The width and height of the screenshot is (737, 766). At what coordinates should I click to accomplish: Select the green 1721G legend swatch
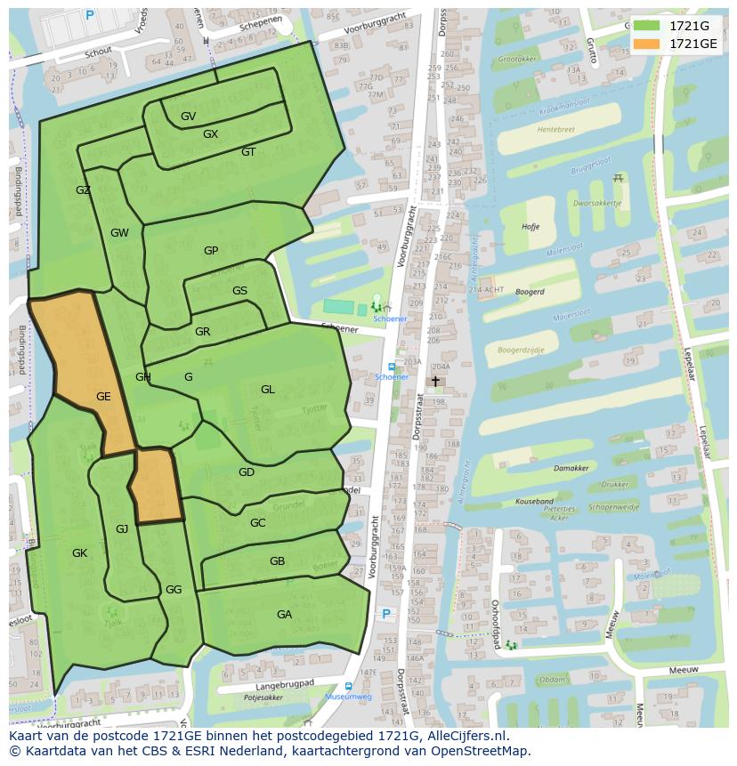pos(646,26)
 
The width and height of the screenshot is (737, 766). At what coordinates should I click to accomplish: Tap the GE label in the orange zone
pos(103,397)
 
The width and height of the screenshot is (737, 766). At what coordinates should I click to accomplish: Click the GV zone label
pos(188,117)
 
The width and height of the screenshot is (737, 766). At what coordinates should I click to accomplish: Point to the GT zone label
pos(248,152)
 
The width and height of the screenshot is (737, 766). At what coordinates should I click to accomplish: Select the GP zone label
pos(211,251)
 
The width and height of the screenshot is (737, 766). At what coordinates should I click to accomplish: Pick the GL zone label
pos(268,390)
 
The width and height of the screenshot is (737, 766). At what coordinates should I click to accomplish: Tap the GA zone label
pos(284,615)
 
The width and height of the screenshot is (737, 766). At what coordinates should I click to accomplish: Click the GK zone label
pos(79,553)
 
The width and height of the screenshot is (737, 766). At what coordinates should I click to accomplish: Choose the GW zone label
pos(119,233)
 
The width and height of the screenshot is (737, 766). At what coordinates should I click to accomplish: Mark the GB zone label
pos(277,561)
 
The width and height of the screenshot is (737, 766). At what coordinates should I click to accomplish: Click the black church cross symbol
pos(435,381)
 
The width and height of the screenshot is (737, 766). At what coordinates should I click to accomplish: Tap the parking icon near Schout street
pos(89,15)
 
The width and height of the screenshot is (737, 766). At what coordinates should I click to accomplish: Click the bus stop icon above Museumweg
pos(347,686)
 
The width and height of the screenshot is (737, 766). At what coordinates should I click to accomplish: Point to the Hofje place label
pos(530,227)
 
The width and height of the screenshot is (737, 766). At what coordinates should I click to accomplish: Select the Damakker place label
pos(571,468)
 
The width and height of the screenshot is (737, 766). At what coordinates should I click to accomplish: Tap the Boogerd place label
pos(530,291)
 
